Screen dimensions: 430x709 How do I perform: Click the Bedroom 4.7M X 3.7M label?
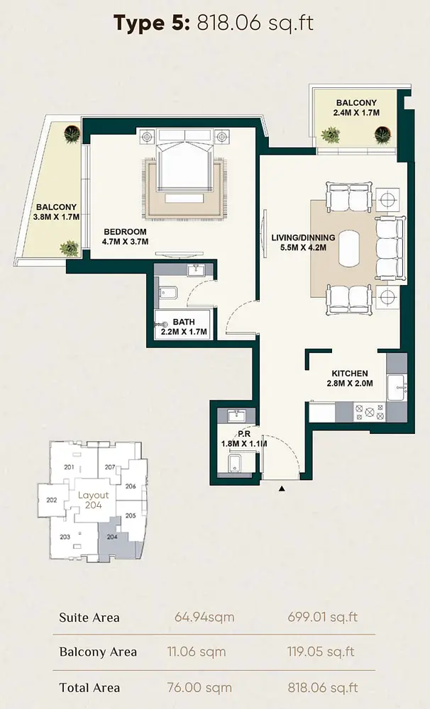click(x=126, y=237)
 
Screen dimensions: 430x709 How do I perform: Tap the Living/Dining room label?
click(x=303, y=242)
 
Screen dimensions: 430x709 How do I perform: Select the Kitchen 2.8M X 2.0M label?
click(x=350, y=379)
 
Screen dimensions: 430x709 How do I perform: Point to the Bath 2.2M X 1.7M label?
click(x=184, y=327)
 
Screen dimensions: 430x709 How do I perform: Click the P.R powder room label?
click(x=244, y=439)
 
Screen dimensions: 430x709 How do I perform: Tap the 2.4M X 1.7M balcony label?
click(x=356, y=108)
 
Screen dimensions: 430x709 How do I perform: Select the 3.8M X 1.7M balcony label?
click(x=57, y=212)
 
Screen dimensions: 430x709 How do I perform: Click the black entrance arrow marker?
click(x=282, y=489)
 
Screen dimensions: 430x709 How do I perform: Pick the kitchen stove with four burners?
click(x=370, y=412)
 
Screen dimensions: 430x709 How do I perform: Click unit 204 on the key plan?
click(x=112, y=537)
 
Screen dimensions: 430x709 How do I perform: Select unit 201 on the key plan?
click(x=70, y=467)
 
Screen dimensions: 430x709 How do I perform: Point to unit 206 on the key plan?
click(x=131, y=486)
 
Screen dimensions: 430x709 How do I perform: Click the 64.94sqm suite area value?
click(x=204, y=618)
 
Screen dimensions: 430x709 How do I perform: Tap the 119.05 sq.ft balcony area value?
click(x=321, y=652)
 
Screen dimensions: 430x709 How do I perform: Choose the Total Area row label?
click(x=89, y=688)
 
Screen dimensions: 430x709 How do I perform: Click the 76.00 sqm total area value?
click(x=199, y=688)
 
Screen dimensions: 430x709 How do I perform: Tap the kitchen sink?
click(x=397, y=387)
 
